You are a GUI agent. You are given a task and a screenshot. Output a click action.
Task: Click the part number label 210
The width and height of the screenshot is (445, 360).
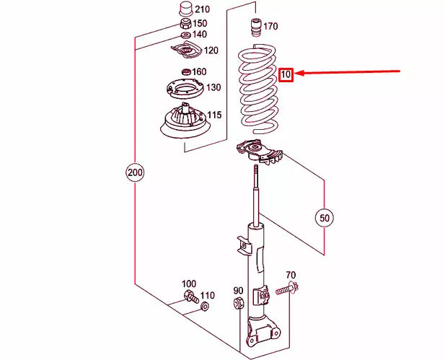point(203,9)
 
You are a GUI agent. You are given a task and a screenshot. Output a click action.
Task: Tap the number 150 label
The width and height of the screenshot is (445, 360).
point(199,23)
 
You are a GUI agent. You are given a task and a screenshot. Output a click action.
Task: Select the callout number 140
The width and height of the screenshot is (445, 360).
point(199,35)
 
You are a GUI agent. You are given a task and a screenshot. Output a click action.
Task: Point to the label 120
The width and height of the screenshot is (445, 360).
point(211,51)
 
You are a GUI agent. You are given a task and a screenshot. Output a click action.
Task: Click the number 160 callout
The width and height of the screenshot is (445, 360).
point(199,71)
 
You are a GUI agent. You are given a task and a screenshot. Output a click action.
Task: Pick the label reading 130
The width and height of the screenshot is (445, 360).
point(213,88)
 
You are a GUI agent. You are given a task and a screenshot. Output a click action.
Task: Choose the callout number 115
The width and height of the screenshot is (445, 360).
point(215,115)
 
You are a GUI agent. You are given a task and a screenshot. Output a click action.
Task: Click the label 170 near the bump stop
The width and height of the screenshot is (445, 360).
point(270,27)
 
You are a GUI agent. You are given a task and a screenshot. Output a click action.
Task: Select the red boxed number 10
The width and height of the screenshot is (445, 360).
point(286,74)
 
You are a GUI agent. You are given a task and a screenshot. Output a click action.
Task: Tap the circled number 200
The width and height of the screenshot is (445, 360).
point(135,173)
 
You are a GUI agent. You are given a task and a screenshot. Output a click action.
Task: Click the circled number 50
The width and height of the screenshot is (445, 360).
point(324,216)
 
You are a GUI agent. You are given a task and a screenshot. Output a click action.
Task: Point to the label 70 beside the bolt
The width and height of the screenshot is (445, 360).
point(291,275)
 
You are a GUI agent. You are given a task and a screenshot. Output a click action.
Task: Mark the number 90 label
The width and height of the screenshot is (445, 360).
point(239,290)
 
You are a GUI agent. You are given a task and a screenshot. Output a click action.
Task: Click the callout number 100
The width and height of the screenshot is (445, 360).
point(188,284)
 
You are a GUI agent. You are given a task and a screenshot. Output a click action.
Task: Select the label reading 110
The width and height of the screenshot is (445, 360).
point(207,295)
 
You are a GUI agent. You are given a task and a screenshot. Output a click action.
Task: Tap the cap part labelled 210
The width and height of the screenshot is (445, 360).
point(184,11)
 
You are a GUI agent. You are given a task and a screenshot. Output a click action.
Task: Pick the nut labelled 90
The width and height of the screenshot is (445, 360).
point(239,304)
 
